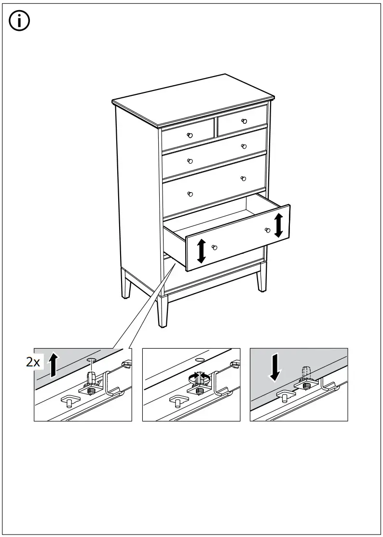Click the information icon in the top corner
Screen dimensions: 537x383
(x=20, y=22)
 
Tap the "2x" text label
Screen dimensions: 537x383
(x=33, y=362)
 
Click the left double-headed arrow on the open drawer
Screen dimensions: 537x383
(x=202, y=250)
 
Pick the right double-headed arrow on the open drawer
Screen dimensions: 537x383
(x=278, y=225)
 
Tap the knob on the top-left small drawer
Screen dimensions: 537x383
(x=190, y=135)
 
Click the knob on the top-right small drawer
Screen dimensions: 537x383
(x=244, y=120)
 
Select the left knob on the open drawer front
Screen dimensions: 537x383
(x=215, y=247)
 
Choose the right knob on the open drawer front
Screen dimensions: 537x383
(x=267, y=230)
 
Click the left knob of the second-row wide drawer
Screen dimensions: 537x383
(x=190, y=161)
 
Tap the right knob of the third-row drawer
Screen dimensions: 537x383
(x=244, y=179)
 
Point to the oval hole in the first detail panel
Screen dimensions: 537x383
(x=91, y=359)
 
